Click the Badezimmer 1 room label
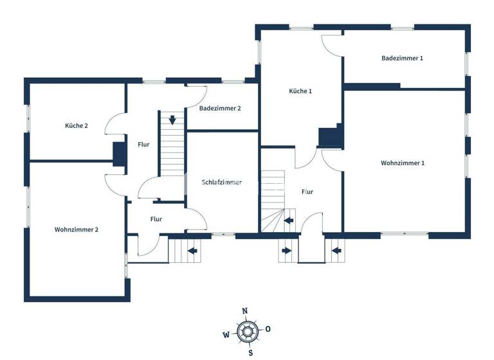point(402,59)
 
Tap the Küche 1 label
point(300,91)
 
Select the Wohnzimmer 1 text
point(403,163)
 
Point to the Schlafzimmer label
point(222,183)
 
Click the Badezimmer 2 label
point(220,109)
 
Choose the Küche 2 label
point(77,126)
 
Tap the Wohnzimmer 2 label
point(77,230)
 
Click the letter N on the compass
point(244,311)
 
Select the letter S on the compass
point(250,352)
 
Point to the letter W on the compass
point(226,334)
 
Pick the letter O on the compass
point(268,329)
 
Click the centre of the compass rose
point(247,332)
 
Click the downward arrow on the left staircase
point(172,120)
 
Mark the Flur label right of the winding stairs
point(307,192)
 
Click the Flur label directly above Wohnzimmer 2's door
point(156,219)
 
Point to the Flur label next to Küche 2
point(143,145)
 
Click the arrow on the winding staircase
point(289,221)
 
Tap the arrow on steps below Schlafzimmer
point(191,250)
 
